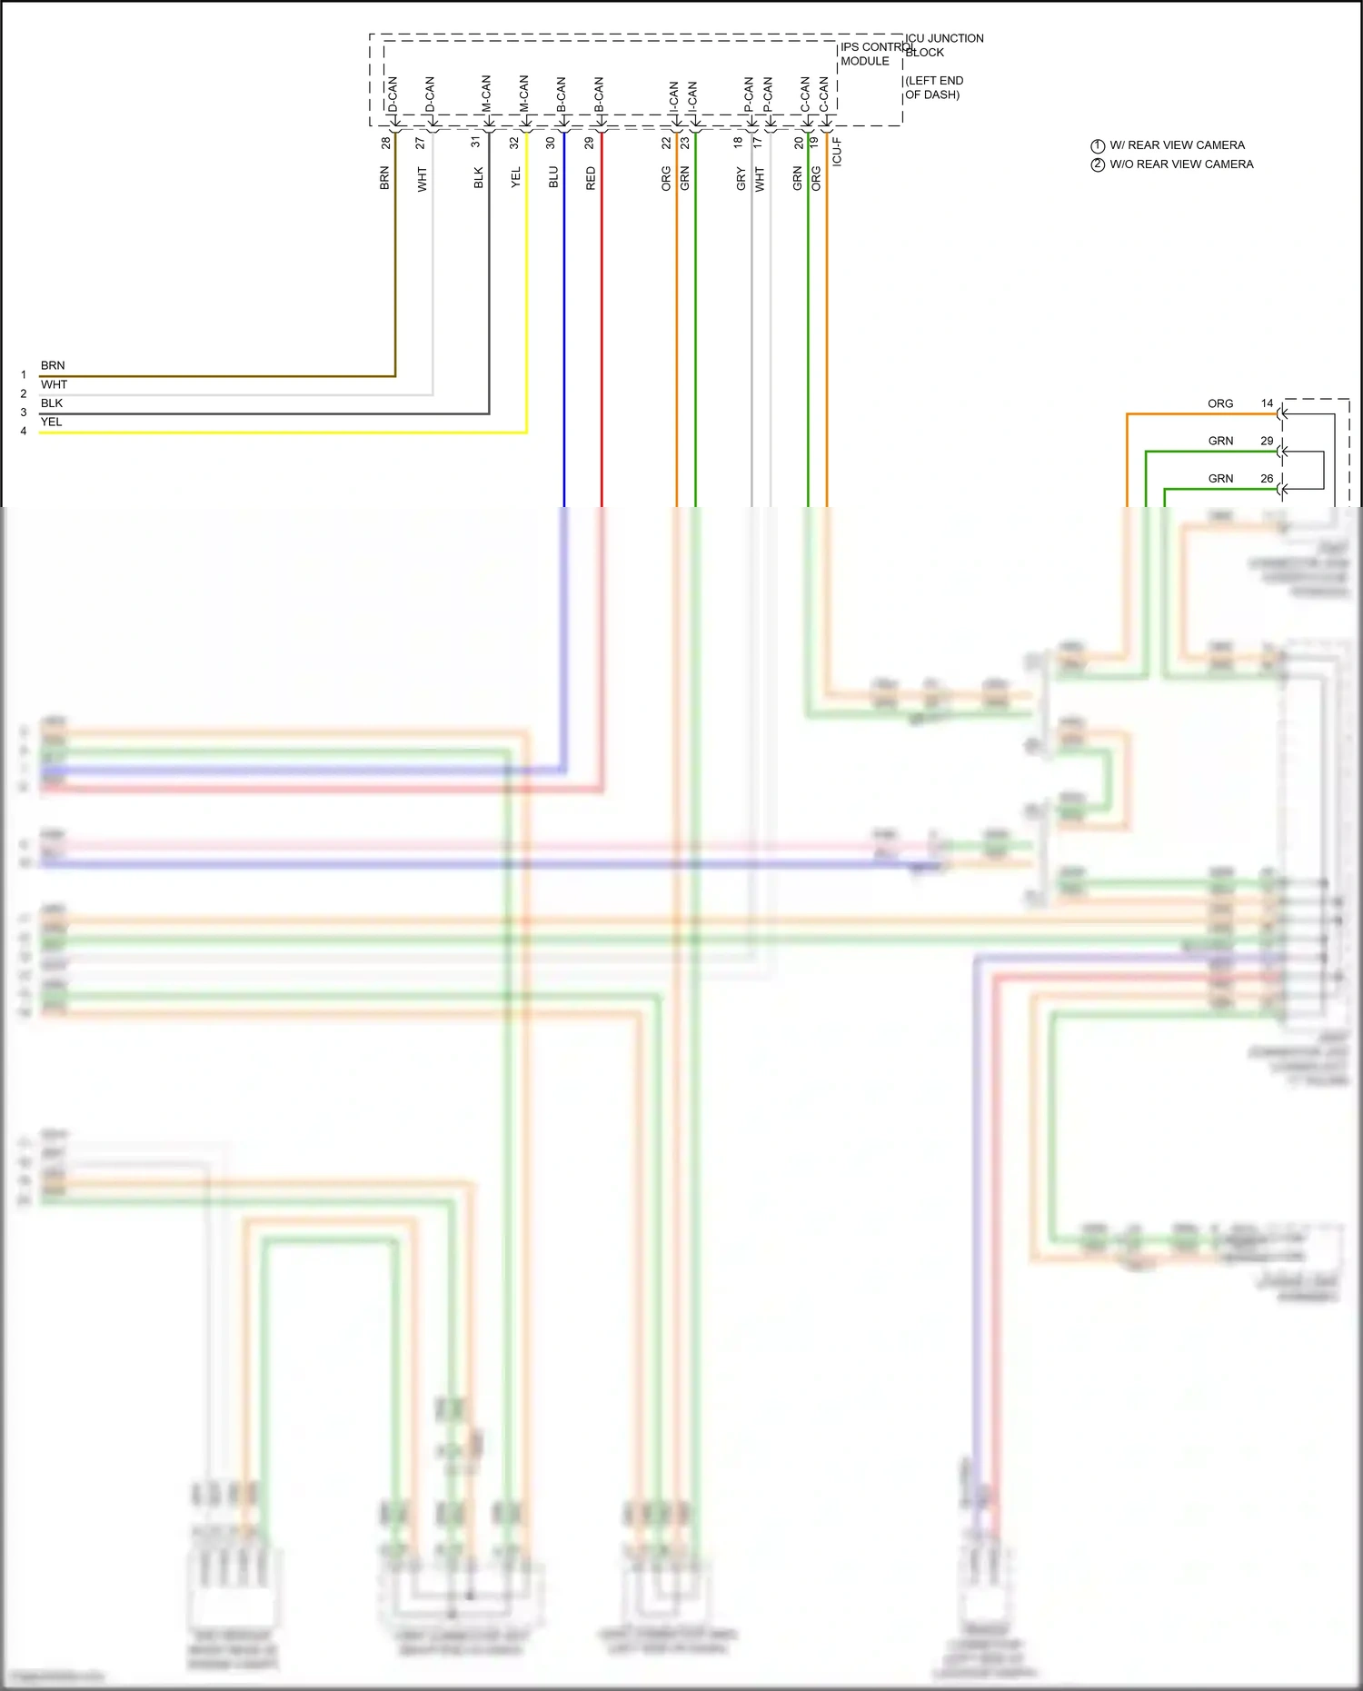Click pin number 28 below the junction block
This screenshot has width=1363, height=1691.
tap(386, 143)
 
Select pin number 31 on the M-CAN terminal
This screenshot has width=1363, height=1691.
tap(475, 143)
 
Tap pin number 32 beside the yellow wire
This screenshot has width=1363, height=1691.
tap(513, 143)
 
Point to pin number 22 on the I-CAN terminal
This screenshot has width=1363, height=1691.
tap(666, 143)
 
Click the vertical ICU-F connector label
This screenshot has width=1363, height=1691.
tap(837, 152)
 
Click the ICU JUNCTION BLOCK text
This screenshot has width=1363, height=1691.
tap(944, 45)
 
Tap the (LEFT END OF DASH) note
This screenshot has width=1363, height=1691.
tap(933, 87)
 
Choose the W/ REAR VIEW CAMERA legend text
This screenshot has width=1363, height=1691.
tap(1177, 145)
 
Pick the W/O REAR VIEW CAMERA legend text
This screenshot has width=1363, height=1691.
tap(1181, 164)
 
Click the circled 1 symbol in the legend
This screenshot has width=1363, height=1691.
tap(1098, 146)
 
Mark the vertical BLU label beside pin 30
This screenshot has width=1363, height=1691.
tap(553, 177)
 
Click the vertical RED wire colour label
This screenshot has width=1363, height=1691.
tap(591, 178)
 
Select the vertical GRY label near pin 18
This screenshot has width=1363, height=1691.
tap(741, 178)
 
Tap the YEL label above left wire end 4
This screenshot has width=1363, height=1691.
tap(52, 422)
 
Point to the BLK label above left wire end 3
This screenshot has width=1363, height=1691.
tap(52, 403)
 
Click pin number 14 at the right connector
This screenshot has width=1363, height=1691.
tap(1267, 403)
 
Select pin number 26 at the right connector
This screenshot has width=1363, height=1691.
tap(1267, 479)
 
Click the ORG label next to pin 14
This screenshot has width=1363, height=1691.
tap(1220, 403)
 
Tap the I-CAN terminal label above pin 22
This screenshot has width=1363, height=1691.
tap(673, 97)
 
